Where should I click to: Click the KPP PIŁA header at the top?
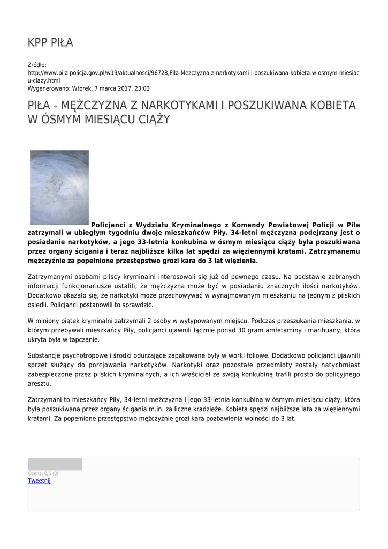tap(50, 42)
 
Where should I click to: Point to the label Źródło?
tap(37, 65)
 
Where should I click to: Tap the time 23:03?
tap(142, 88)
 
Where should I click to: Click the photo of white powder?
tap(59, 187)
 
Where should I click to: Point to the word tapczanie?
tap(81, 339)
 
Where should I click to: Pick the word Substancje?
tap(47, 355)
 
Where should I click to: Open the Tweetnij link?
tap(39, 481)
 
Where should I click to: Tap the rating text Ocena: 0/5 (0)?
tap(43, 473)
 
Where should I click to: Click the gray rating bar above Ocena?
tap(55, 464)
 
